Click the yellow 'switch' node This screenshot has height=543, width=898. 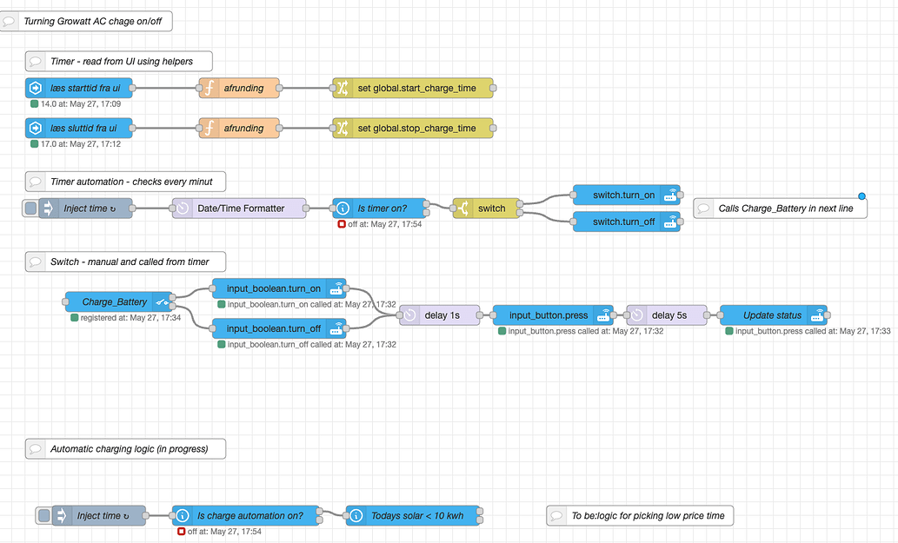click(487, 209)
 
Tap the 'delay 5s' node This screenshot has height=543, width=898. click(667, 315)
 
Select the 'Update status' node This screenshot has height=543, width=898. click(773, 315)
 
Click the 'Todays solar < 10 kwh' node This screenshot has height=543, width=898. click(415, 516)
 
